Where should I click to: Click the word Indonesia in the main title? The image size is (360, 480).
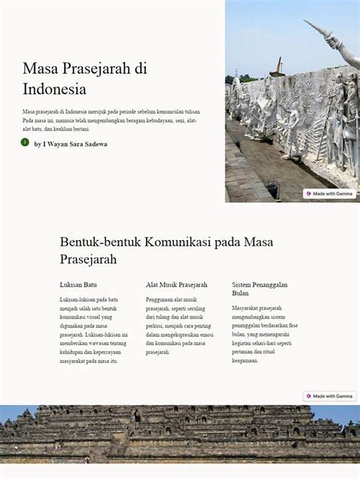(x=55, y=89)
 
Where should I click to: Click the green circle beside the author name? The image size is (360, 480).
(x=25, y=142)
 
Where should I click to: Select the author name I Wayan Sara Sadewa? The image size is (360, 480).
(x=71, y=144)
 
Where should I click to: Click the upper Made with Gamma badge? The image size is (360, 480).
(x=329, y=194)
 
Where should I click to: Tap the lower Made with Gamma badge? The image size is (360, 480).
(x=329, y=396)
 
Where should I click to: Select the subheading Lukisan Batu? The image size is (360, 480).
(x=79, y=284)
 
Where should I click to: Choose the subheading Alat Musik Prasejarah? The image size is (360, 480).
(x=176, y=284)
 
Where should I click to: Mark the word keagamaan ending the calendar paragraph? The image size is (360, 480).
(x=245, y=362)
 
